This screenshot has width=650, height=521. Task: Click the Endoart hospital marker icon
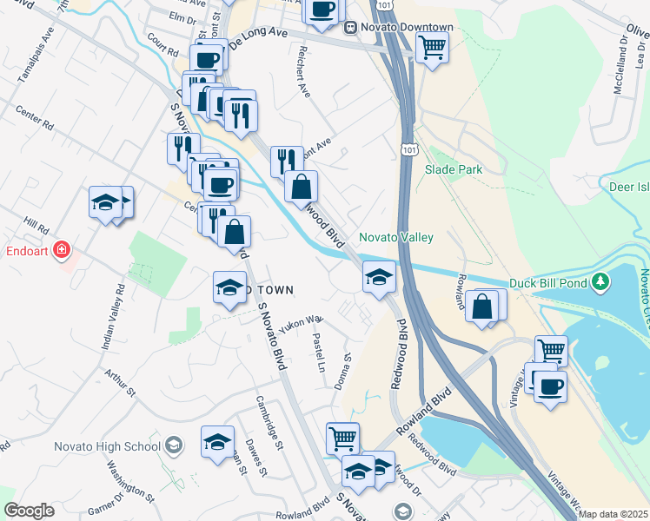point(62,252)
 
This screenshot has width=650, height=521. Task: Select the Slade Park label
point(454,170)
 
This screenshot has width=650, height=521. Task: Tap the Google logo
point(29,511)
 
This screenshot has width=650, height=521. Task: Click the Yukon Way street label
point(301,322)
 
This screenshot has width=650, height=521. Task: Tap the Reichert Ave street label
point(303,70)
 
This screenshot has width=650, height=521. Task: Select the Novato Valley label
point(396,237)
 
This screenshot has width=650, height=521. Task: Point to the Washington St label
point(130,482)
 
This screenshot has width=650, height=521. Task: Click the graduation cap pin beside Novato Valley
point(379,277)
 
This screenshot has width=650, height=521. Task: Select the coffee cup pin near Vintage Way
point(549,386)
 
